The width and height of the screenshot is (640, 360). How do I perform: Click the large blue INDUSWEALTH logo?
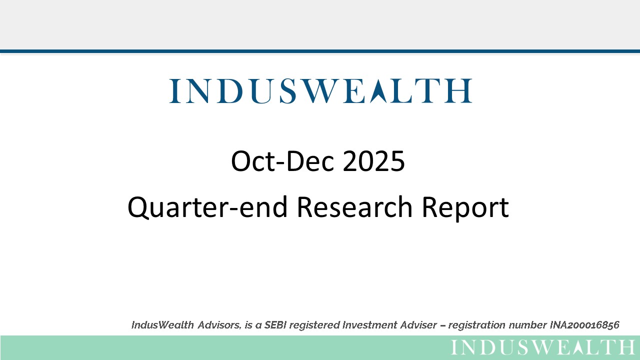(320, 91)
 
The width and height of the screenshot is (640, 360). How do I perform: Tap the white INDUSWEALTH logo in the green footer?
(543, 347)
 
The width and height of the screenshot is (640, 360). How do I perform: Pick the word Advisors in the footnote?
(219, 325)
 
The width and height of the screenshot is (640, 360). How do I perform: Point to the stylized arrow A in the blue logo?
(379, 91)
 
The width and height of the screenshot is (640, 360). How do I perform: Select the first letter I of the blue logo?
(174, 91)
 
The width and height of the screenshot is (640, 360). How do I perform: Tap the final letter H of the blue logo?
(459, 91)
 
